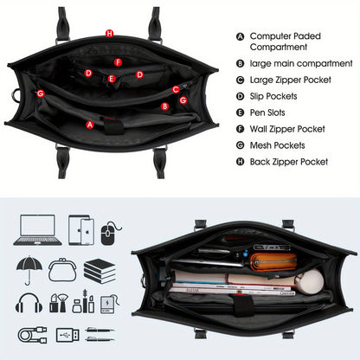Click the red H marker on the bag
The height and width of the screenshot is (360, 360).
[109, 34]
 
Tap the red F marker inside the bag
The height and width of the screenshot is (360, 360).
[118, 62]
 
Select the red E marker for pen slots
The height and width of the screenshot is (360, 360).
[112, 79]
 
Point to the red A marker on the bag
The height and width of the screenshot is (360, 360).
[90, 125]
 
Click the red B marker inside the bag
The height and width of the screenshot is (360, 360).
[164, 106]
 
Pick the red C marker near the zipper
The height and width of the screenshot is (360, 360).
[176, 89]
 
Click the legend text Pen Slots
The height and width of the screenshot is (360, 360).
[267, 112]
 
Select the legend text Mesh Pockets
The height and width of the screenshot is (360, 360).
[277, 145]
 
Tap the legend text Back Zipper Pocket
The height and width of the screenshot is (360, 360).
[289, 162]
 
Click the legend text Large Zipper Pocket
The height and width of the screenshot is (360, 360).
[291, 80]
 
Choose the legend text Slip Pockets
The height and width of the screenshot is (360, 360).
[273, 96]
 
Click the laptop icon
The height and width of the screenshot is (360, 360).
[37, 230]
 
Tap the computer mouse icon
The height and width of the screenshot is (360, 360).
[110, 233]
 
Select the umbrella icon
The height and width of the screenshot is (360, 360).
[29, 270]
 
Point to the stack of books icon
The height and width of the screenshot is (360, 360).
[100, 271]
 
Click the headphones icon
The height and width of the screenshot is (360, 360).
[29, 303]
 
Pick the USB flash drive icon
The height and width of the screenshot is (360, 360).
[67, 335]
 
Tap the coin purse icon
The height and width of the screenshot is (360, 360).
[62, 270]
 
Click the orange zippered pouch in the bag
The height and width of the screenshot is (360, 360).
[273, 261]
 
